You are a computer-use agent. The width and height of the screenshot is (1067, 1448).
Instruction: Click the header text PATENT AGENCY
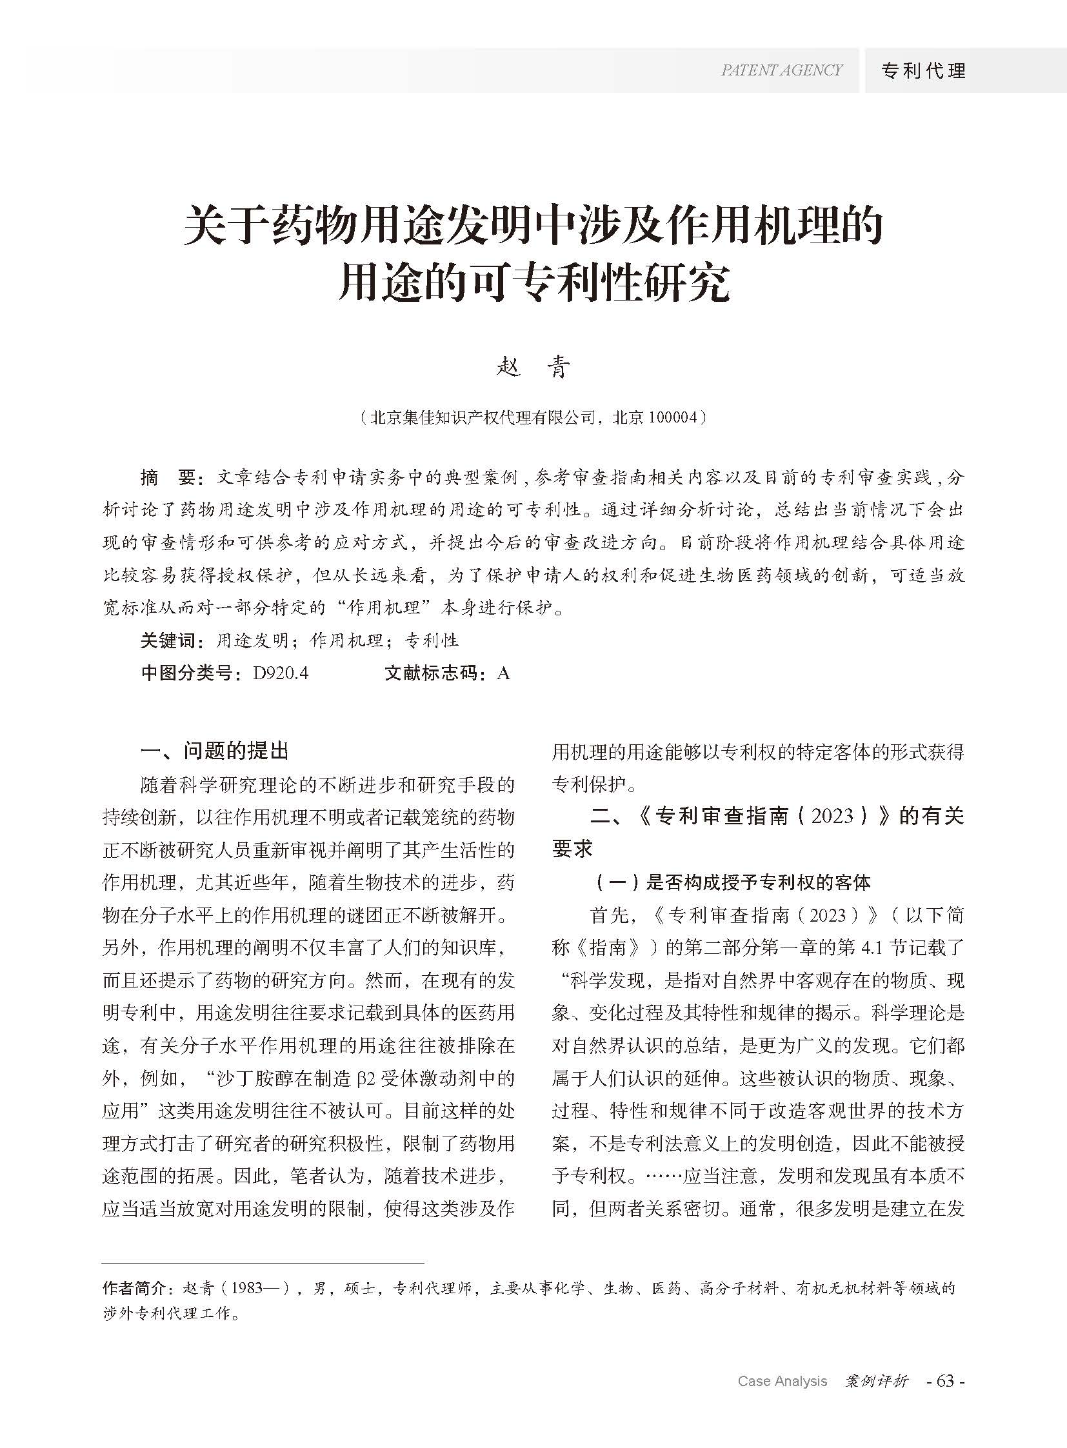pyautogui.click(x=781, y=70)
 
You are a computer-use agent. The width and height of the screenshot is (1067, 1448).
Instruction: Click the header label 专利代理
pyautogui.click(x=924, y=70)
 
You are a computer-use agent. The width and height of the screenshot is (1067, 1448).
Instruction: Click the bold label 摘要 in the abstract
pyautogui.click(x=168, y=478)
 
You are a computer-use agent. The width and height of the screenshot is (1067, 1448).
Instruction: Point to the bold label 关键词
pyautogui.click(x=168, y=640)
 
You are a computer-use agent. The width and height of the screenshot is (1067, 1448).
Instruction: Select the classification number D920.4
pyautogui.click(x=281, y=673)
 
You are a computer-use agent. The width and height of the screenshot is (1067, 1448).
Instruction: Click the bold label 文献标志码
pyautogui.click(x=435, y=673)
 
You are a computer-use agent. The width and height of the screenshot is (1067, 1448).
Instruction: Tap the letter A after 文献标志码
pyautogui.click(x=504, y=673)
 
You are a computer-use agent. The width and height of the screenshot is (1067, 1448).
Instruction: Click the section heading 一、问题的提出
pyautogui.click(x=214, y=751)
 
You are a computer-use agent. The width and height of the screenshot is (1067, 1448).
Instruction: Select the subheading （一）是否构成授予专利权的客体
pyautogui.click(x=730, y=882)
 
